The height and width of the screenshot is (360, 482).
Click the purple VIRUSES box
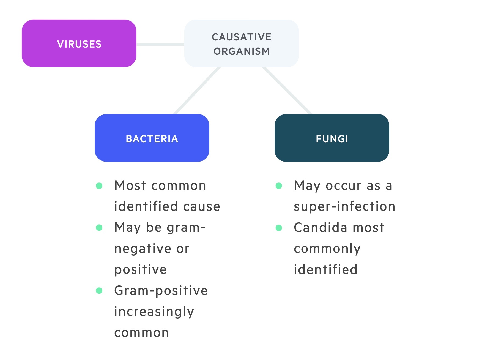pos(79,43)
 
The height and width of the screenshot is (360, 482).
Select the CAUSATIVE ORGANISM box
pos(242,43)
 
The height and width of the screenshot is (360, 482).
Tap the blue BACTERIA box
pos(152,138)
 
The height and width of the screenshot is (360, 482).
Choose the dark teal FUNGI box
pos(332,138)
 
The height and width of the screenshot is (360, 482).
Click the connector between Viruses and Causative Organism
pos(160,44)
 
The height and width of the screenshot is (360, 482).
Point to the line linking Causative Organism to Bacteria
pos(198,91)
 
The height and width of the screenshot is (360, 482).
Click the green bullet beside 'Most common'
pos(99,186)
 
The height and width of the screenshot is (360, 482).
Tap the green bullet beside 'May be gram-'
pos(99,228)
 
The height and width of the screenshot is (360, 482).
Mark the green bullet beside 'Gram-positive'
pos(99,291)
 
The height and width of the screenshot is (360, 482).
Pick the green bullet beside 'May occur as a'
pos(279,186)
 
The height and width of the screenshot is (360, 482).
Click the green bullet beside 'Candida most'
pos(279,228)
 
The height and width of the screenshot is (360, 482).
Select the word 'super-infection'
pos(344,207)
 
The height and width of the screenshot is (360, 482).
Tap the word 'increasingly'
pos(154,312)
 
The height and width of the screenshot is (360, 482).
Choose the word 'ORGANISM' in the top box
pos(242,51)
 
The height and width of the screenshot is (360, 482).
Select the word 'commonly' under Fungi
pos(327,249)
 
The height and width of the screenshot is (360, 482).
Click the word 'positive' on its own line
pos(140,270)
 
